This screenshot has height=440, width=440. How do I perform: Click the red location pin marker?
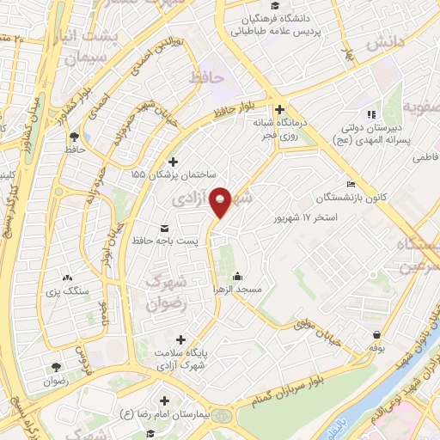pos(221,201)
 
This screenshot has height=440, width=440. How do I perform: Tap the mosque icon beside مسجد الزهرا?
pos(238,277)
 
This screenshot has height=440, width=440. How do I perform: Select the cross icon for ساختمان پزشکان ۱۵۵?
pos(173,162)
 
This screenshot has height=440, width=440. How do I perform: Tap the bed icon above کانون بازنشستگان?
pos(350,185)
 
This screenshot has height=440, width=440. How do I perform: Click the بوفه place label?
pos(376,348)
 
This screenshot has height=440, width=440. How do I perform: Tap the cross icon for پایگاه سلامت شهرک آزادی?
pos(180,339)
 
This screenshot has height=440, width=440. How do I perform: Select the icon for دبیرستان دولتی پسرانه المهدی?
pos(371,114)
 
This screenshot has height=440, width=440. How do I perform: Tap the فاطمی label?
pos(425,158)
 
